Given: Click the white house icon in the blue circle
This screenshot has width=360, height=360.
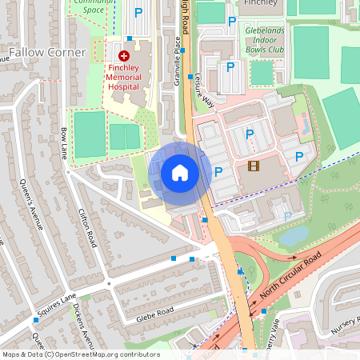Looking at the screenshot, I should click(180, 172).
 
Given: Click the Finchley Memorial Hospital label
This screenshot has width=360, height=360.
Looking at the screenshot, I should click(123, 77).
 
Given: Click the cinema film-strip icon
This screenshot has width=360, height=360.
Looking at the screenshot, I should click(254, 166).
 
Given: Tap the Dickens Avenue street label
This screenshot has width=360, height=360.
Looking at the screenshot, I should click(87, 324).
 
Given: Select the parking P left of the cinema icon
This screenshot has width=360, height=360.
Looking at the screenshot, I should click(218, 172).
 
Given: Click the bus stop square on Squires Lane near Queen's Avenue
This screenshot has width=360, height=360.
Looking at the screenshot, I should click(35, 319).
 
